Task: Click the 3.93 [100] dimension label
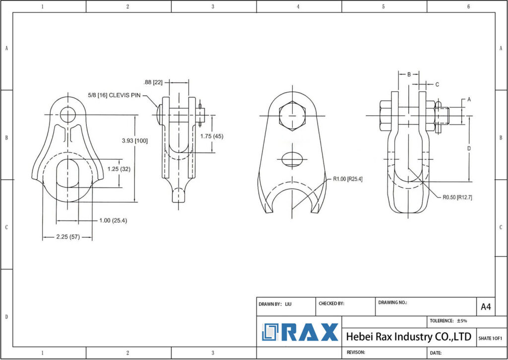pos(135,141)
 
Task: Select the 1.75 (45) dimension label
pos(212,136)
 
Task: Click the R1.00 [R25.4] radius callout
pos(348,179)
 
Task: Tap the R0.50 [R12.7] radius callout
pos(457,197)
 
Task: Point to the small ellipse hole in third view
pos(292,159)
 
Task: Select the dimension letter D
pos(469,148)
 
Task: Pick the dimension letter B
pos(409,74)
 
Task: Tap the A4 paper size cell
pos(486,307)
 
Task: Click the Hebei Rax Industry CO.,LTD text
pos(408,337)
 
